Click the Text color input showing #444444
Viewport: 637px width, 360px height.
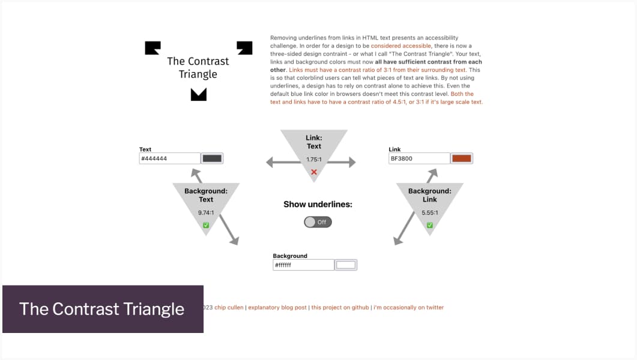[x=169, y=158]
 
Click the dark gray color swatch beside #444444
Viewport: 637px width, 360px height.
[x=213, y=158]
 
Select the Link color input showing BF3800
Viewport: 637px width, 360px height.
[x=419, y=158]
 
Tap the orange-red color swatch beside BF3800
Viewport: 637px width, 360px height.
[x=461, y=158]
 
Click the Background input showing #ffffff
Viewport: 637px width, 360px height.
[x=303, y=265]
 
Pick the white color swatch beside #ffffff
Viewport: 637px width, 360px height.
[x=346, y=265]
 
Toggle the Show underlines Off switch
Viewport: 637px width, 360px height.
[x=318, y=222]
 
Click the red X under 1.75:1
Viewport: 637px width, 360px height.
[x=313, y=172]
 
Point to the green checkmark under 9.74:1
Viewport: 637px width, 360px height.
[x=206, y=225]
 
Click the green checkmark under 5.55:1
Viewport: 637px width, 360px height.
[x=429, y=225]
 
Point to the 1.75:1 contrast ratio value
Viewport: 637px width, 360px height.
[x=313, y=160]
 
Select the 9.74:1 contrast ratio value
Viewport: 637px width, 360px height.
[x=206, y=212]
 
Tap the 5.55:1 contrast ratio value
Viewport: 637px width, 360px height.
[x=429, y=212]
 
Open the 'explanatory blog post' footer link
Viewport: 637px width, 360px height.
[x=278, y=307]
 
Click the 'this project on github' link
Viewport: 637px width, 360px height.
[x=340, y=307]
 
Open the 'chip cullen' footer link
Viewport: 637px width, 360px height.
[x=229, y=307]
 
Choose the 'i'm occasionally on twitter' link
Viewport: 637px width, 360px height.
[x=408, y=307]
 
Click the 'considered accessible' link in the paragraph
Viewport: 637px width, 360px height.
[x=400, y=46]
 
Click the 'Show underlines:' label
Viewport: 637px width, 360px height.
[x=318, y=204]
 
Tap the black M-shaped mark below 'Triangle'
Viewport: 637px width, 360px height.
[x=198, y=94]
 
